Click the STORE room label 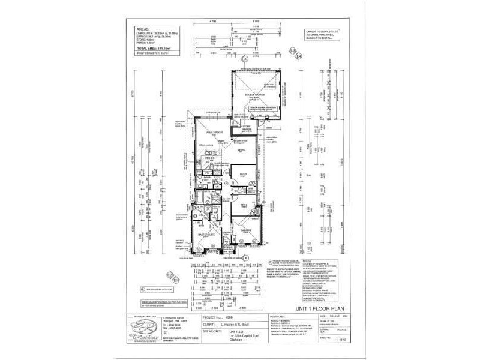(246, 127)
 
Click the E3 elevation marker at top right (293, 50)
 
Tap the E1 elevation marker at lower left (176, 280)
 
